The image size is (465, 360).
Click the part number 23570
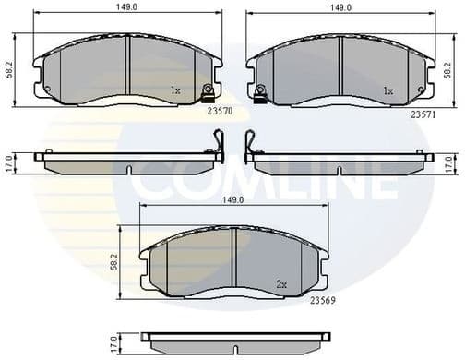(x=219, y=109)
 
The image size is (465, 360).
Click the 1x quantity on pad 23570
(x=176, y=90)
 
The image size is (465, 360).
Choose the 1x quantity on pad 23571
(x=388, y=90)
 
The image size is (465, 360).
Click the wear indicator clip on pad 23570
(x=209, y=90)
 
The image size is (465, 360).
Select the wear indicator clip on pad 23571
(x=261, y=90)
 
